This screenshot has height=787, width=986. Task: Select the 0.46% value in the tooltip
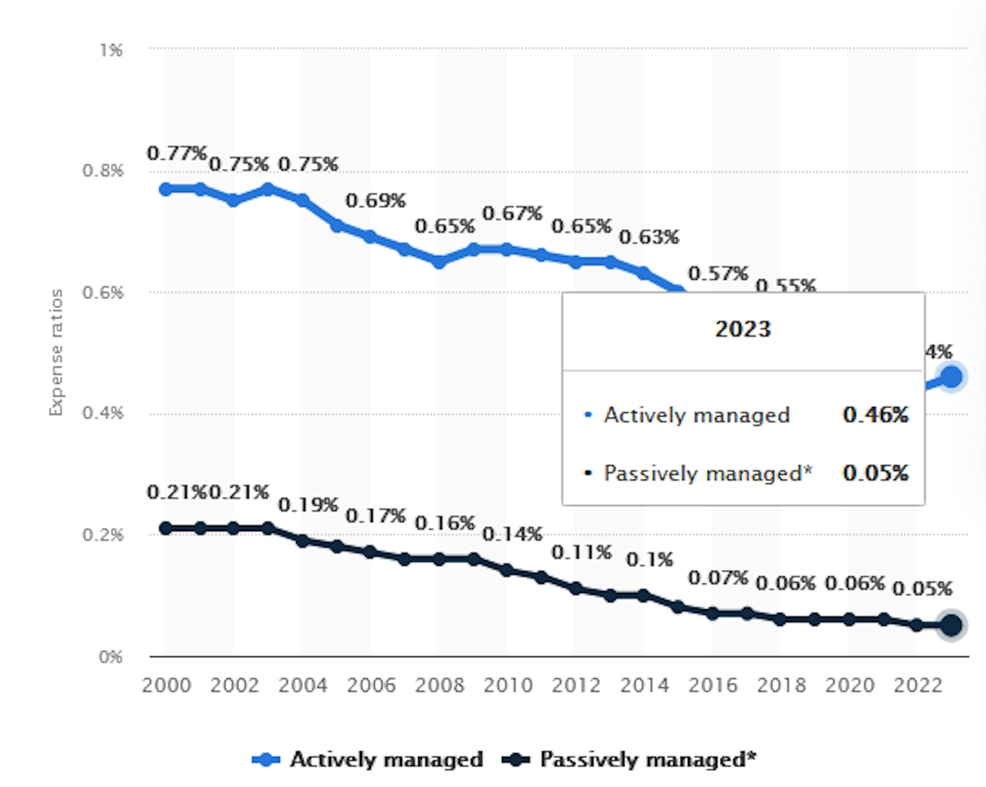(x=875, y=415)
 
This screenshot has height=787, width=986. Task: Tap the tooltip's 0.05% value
(x=875, y=473)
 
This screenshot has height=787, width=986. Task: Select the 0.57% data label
(x=718, y=273)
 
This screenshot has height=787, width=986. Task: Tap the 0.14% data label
(x=512, y=534)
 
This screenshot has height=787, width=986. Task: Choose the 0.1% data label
(x=649, y=559)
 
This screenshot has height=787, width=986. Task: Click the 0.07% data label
(x=718, y=578)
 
